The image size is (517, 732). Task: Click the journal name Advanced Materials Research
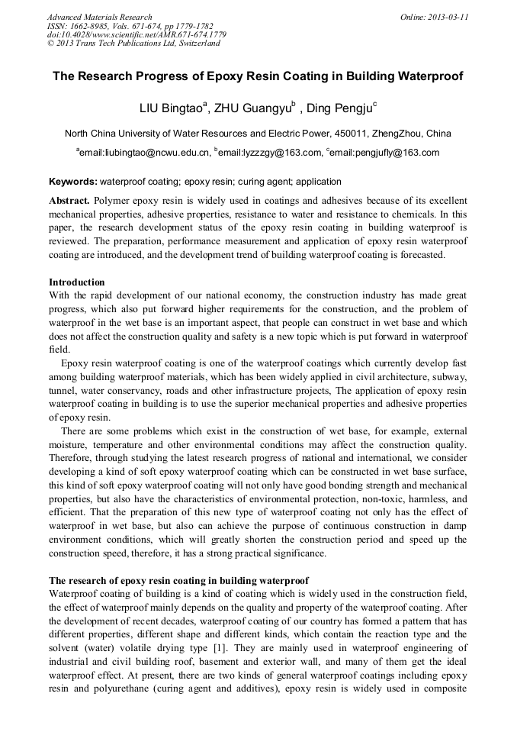coord(99,17)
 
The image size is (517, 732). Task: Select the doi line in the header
coord(136,34)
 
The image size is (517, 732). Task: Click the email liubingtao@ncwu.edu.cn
coord(145,153)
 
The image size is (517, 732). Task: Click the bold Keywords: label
coord(73,182)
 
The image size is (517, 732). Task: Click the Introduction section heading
coord(77,282)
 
